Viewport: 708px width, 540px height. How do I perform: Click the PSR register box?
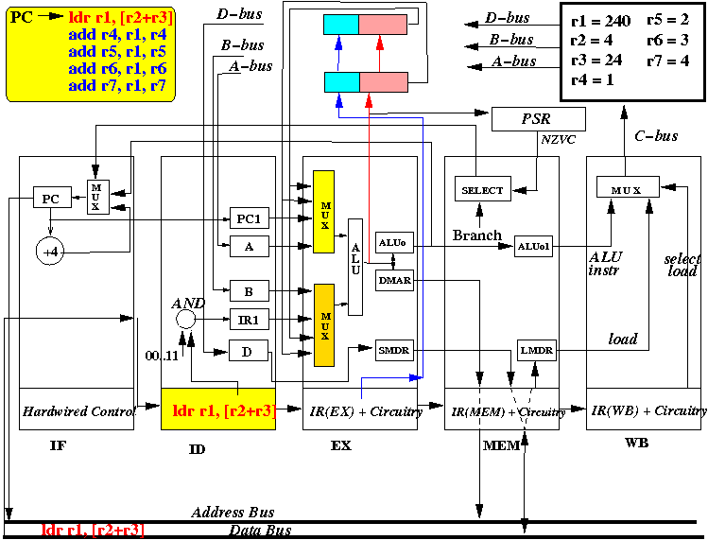(x=538, y=119)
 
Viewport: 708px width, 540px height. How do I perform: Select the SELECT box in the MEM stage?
(x=483, y=189)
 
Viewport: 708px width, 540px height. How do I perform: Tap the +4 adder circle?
(x=50, y=252)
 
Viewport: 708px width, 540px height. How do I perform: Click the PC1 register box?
(x=250, y=218)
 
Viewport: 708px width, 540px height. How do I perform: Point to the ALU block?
(x=355, y=267)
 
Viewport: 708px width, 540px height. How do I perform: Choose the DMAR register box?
(x=394, y=280)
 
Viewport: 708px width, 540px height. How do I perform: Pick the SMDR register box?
(x=394, y=350)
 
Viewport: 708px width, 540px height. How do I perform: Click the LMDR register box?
(x=536, y=350)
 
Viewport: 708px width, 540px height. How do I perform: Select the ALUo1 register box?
(x=533, y=246)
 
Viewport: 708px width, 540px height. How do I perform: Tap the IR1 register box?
(x=250, y=320)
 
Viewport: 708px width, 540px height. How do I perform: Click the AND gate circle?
(x=185, y=320)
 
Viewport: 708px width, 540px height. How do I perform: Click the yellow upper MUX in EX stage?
(x=323, y=212)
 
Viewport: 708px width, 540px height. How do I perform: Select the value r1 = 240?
(x=600, y=21)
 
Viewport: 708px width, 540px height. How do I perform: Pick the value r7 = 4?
(x=667, y=61)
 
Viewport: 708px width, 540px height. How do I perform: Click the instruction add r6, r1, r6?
(x=117, y=69)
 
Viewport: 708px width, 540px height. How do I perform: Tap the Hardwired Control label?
(x=79, y=411)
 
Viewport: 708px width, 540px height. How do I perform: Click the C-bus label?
(x=656, y=136)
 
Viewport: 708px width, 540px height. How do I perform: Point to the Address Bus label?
(x=233, y=513)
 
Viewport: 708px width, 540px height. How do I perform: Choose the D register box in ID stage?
(x=249, y=351)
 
